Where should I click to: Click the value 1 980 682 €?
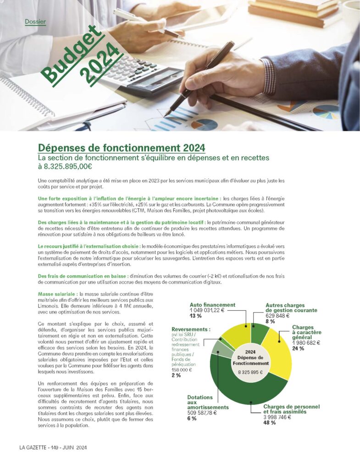click(x=306, y=342)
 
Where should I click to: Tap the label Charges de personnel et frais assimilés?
click(x=291, y=409)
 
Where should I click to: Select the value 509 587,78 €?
click(x=202, y=413)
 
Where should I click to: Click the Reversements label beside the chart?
click(x=191, y=329)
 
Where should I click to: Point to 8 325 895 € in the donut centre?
click(x=250, y=372)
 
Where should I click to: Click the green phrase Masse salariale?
click(x=57, y=294)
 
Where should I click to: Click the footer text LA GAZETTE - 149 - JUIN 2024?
click(x=53, y=448)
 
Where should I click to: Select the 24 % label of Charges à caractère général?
click(x=298, y=348)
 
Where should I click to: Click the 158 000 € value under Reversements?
click(x=181, y=369)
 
